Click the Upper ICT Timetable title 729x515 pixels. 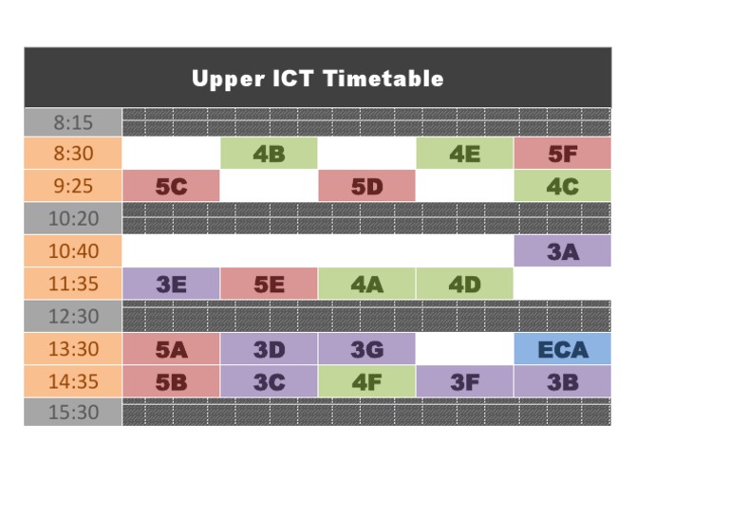317,78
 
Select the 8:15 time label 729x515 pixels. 73,122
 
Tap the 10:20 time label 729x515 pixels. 73,219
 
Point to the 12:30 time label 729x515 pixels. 73,316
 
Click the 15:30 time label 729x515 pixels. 73,413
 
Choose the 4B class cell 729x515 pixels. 269,154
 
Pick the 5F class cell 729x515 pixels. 562,154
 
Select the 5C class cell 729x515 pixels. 171,187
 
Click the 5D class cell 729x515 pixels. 366,187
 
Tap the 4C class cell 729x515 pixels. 562,187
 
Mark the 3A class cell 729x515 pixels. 562,251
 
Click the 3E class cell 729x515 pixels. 171,284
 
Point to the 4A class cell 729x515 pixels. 366,284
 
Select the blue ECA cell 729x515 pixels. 562,349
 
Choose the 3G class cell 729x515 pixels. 366,349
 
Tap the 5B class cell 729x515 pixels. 171,381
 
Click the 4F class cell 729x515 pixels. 366,381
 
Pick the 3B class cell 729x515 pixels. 562,381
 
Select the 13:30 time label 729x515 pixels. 73,349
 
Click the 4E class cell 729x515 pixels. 464,154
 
